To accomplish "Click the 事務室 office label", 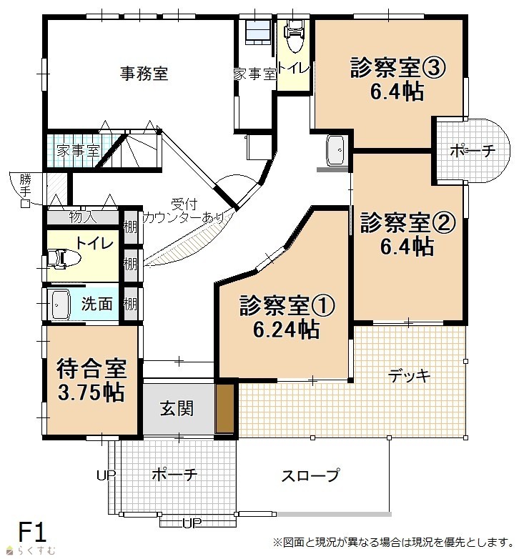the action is point(144,74).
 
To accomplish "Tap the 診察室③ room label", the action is point(397,67).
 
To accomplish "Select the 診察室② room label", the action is point(407,222).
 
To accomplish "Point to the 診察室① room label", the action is point(287,305).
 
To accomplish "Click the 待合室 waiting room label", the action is point(92,369).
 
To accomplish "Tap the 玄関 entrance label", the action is point(177,408).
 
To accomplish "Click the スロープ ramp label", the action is point(310,475).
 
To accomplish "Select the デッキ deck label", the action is point(409,376).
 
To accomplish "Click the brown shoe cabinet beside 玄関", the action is point(225,408).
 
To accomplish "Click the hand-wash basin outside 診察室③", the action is point(335,150).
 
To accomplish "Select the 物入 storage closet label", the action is point(83,217).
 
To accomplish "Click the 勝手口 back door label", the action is point(25,190).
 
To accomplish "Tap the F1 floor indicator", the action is point(32,533).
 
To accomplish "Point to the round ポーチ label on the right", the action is point(473,151).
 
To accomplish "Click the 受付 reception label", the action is point(184,204).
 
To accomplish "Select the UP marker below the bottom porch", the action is point(192,523).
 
